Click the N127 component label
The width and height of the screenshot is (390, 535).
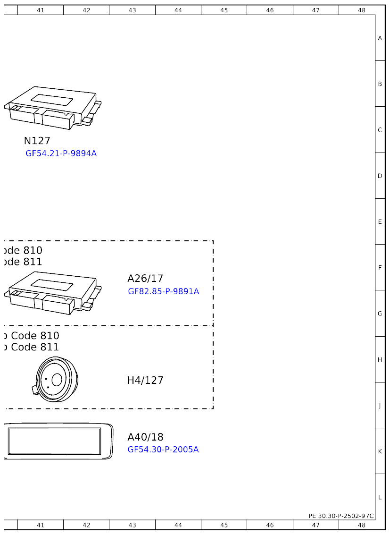coord(37,141)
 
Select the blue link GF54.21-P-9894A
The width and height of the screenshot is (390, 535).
coord(61,153)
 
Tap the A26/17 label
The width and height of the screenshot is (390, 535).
coord(145,279)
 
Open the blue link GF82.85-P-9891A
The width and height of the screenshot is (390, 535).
coord(163,291)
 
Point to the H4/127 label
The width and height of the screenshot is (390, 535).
coord(145,380)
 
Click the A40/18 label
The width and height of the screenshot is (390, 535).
coord(145,437)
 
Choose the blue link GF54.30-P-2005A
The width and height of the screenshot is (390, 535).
coord(163,450)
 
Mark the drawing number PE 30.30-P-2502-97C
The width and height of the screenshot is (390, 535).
coord(341,516)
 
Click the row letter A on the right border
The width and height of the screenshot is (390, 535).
coord(380,38)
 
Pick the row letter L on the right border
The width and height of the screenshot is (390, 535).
coord(380,497)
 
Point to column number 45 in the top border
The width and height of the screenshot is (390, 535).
coord(224,10)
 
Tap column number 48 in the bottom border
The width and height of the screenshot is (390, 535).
coord(362,525)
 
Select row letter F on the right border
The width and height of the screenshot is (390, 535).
coord(380,268)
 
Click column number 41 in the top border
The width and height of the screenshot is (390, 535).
coord(41,10)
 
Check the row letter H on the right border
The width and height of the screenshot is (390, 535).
coord(380,360)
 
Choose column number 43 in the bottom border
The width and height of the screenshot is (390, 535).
coord(132,525)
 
